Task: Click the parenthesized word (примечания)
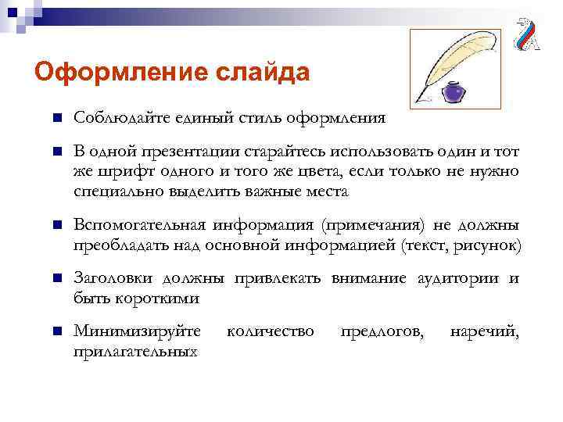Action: [371, 226]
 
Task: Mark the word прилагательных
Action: [134, 352]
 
